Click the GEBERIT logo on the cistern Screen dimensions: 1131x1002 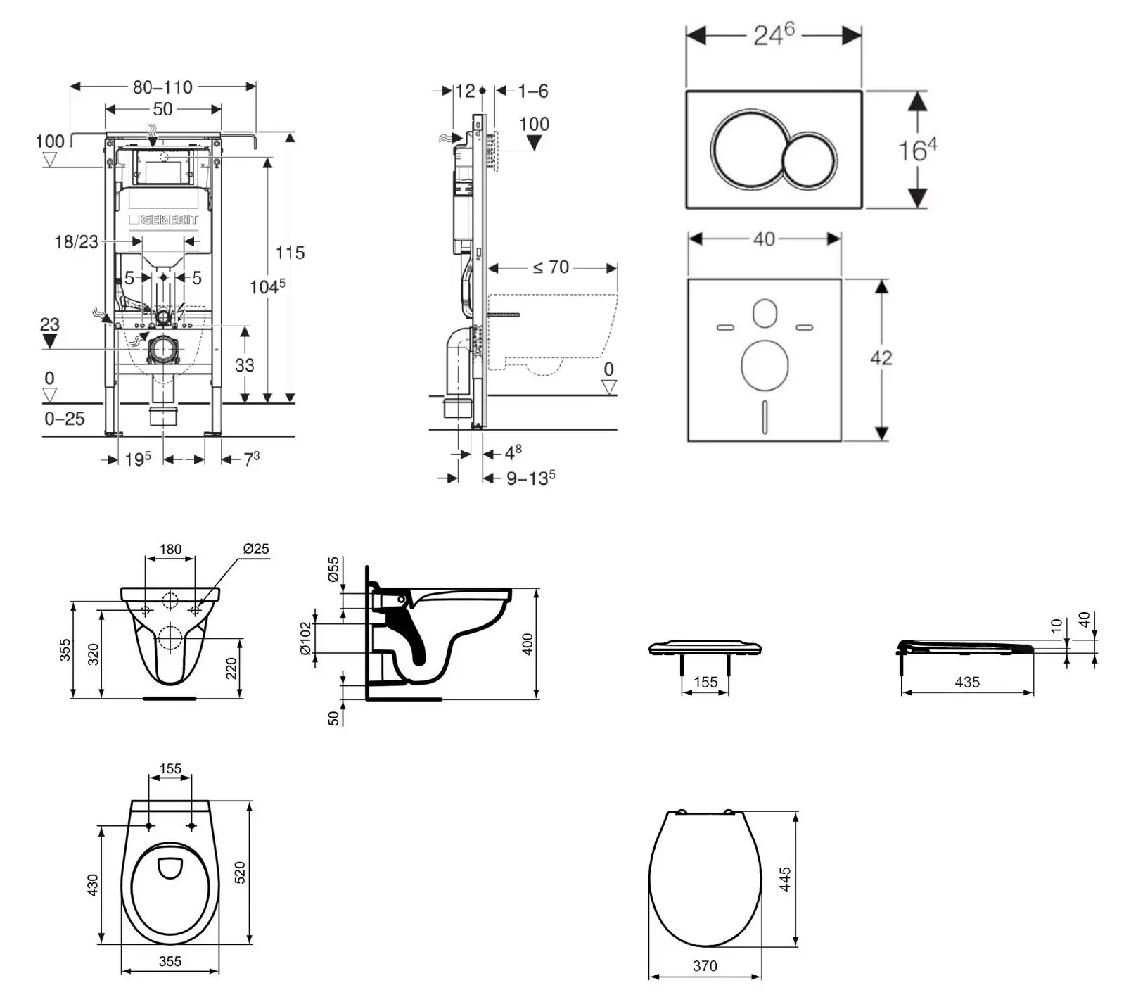point(164,220)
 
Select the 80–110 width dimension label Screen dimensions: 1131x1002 point(162,87)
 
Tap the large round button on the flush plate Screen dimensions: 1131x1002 point(749,148)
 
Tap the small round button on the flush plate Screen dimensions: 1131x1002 point(810,160)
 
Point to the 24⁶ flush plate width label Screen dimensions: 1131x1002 point(774,34)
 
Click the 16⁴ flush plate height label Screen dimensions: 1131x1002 point(918,149)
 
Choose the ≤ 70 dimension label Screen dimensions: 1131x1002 point(551,267)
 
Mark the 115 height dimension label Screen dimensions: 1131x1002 point(290,252)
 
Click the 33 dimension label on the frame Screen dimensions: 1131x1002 point(245,364)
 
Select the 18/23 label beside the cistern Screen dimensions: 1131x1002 point(76,242)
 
